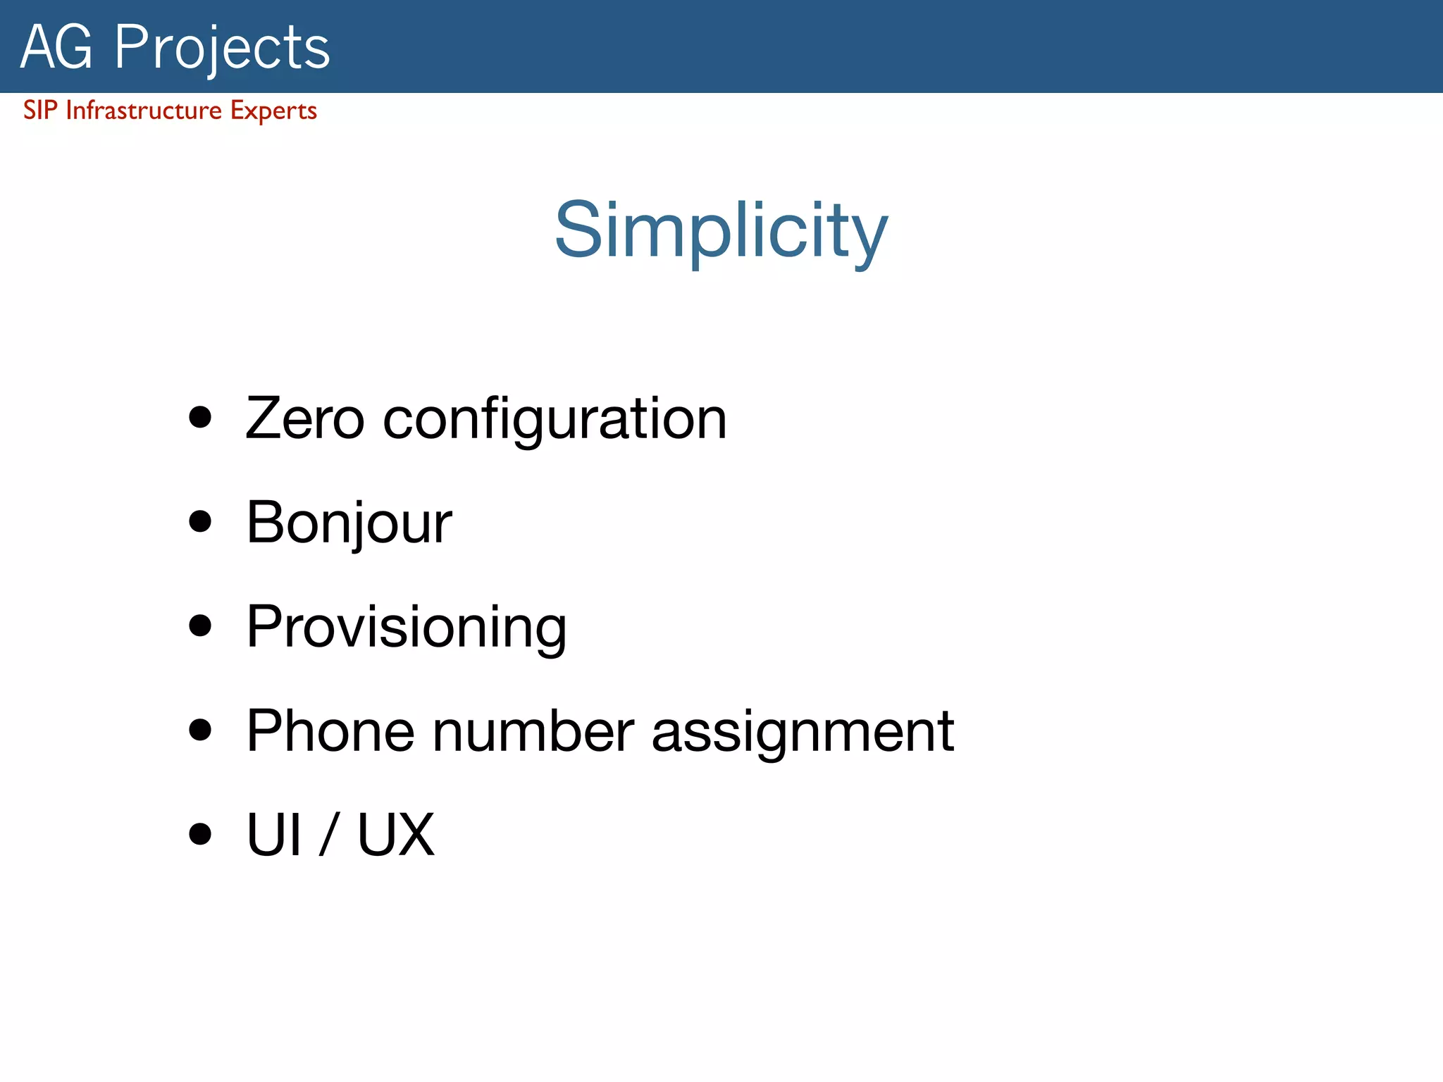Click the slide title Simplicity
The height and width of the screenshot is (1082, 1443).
tap(721, 231)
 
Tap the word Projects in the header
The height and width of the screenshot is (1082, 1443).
tap(222, 48)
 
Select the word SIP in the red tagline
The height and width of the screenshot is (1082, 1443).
tap(39, 111)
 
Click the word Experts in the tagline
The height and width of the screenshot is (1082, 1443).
tap(273, 111)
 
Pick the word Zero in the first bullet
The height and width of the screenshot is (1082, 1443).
tap(304, 418)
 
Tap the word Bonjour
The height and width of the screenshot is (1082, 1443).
tap(349, 523)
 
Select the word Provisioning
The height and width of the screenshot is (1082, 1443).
tap(406, 628)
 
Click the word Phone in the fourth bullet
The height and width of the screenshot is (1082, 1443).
tap(330, 731)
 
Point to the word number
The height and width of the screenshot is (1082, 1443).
tap(533, 731)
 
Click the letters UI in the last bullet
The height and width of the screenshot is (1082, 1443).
tap(274, 835)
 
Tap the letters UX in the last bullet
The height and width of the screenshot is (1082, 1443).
tap(396, 835)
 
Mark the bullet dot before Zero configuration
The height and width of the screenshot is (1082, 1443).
tap(201, 417)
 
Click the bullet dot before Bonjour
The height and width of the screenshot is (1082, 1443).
tap(201, 521)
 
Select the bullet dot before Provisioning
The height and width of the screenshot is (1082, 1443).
tap(201, 626)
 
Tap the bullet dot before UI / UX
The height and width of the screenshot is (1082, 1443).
tap(201, 833)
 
